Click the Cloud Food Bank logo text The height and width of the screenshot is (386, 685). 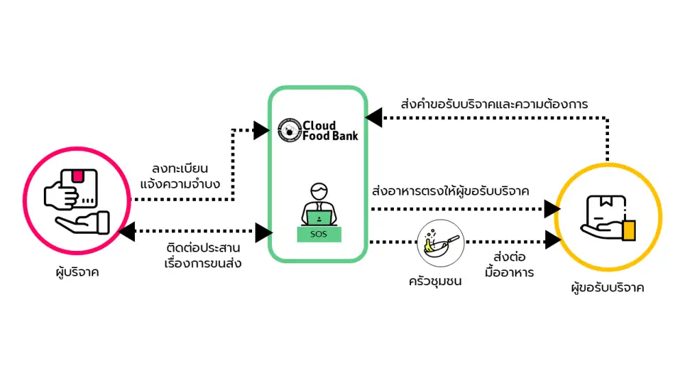point(329,130)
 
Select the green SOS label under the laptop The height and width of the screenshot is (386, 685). point(319,234)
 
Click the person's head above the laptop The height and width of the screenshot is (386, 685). point(319,190)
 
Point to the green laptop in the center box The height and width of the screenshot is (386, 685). point(319,217)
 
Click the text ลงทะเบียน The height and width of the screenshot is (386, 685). point(179,168)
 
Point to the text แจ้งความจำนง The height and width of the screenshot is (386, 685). point(180,184)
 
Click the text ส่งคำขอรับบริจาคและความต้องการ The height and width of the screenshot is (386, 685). point(494,105)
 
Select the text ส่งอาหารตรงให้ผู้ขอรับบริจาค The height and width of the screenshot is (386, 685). point(449,191)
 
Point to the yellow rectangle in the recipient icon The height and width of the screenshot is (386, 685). point(630,229)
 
